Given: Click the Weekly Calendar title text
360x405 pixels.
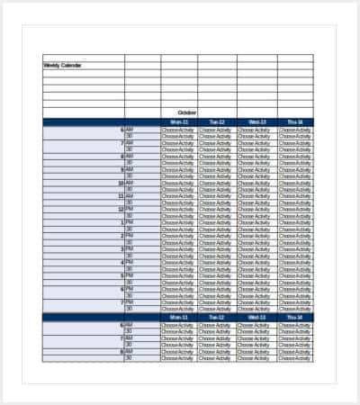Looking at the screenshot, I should [x=62, y=65].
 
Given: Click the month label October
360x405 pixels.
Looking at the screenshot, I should [x=186, y=112].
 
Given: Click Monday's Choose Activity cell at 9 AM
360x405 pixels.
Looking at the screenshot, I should [x=178, y=169].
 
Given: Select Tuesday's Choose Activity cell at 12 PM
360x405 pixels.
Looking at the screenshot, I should [x=216, y=210].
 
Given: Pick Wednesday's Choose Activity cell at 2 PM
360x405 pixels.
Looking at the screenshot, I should [x=256, y=236].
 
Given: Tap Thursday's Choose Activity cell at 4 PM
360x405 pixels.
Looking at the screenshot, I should [x=294, y=263].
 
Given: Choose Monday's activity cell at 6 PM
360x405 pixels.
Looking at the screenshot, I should [x=178, y=289].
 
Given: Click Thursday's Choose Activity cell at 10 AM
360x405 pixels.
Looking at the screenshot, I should [x=294, y=183].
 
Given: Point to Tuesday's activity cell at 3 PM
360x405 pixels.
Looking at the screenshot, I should [x=216, y=249].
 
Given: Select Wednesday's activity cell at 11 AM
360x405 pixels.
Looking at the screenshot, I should [x=256, y=196].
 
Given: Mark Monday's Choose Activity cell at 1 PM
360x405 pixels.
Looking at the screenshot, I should [x=178, y=222].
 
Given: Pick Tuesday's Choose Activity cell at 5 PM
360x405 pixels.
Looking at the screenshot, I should [x=216, y=275].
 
